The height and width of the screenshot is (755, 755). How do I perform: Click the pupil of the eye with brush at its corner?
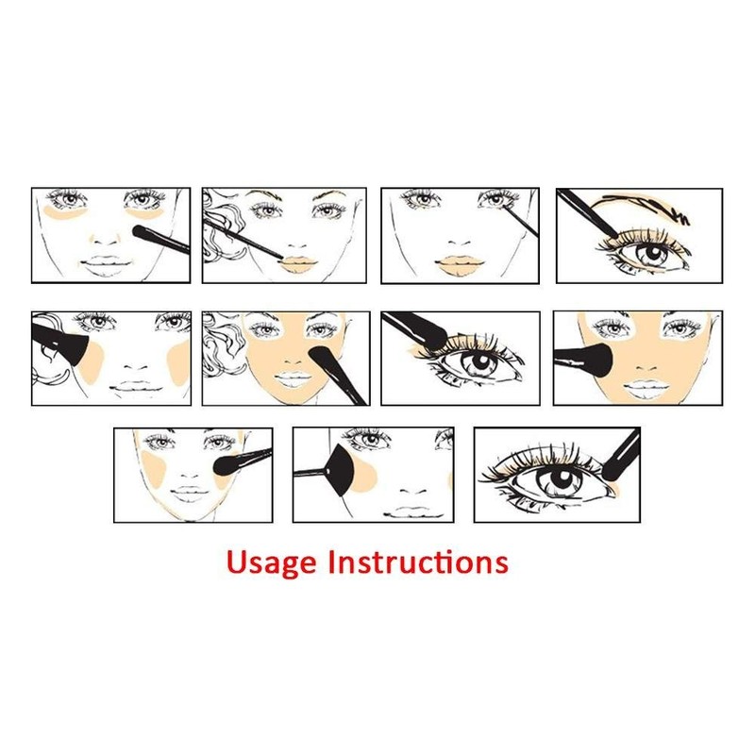pyautogui.click(x=552, y=479)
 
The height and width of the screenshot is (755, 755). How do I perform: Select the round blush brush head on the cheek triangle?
pyautogui.click(x=226, y=464)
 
